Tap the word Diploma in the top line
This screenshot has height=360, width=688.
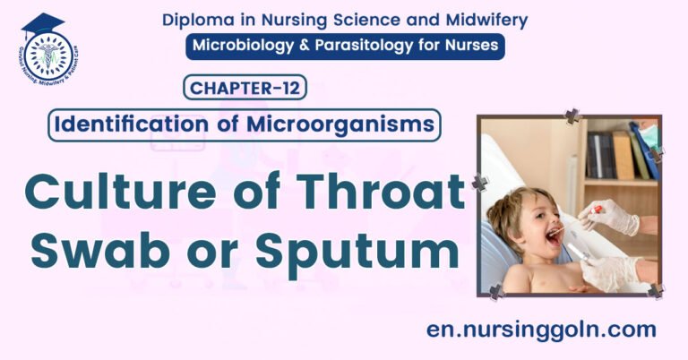[196, 20]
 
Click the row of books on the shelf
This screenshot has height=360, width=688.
[618, 154]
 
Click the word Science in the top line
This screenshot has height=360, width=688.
[348, 20]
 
